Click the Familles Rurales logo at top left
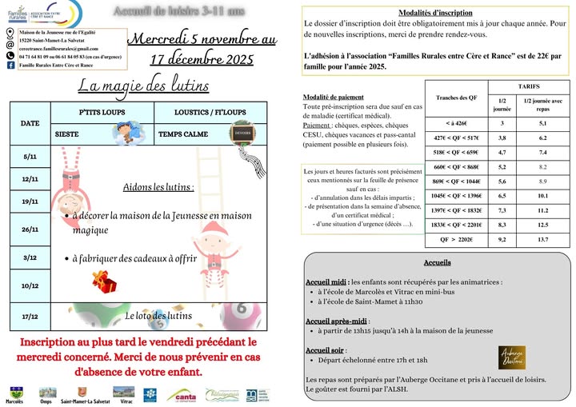(18, 14)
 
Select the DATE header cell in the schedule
(30, 124)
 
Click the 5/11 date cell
(30, 158)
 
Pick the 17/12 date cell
(30, 317)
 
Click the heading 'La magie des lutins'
(144, 86)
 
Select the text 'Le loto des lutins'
(158, 316)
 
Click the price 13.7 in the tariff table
(542, 239)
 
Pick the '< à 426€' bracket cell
(455, 123)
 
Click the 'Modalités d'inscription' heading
(435, 13)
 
